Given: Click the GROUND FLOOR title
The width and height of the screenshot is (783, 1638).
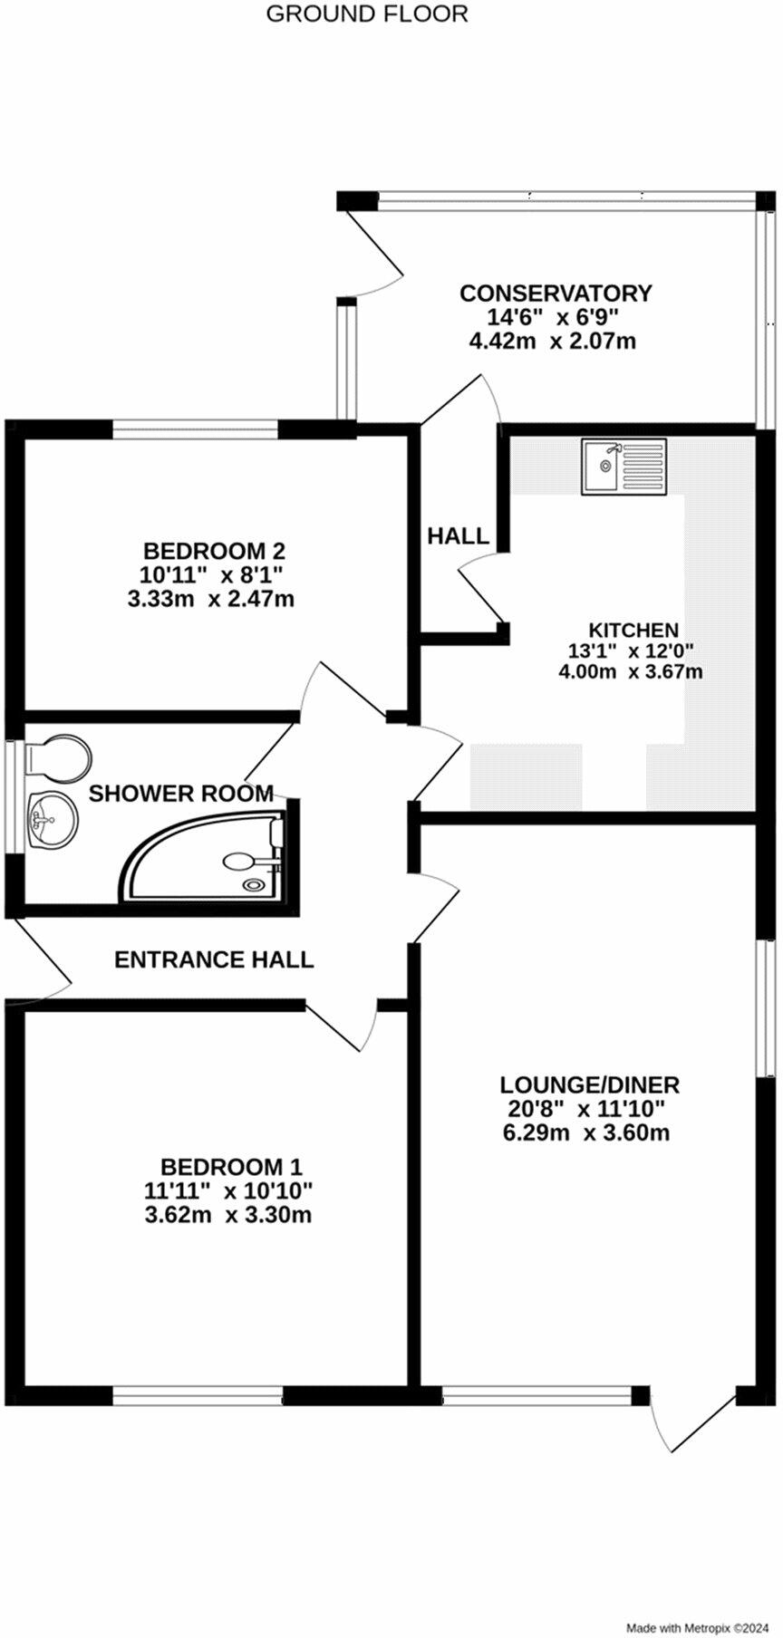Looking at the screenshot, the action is point(367,14).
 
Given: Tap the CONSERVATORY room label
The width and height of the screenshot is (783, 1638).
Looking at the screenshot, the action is point(556,294).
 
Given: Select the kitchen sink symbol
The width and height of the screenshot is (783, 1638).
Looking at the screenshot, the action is point(624,467).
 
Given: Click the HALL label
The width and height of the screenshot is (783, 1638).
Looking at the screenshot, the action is point(459,536).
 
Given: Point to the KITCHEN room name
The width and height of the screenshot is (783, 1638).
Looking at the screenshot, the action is point(633,630).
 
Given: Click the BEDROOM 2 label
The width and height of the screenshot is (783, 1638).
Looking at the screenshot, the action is point(215,551).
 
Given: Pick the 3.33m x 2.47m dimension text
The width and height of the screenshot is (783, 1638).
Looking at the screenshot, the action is point(217,599).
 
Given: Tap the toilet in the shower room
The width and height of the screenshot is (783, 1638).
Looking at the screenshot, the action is point(58,757).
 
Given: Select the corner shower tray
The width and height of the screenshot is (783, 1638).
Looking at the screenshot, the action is point(203,856).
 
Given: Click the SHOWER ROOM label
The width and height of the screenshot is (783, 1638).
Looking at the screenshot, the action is point(181,794).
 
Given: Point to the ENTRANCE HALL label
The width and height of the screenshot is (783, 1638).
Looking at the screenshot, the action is point(214,959).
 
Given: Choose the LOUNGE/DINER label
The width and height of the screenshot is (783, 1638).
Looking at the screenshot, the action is point(590,1084).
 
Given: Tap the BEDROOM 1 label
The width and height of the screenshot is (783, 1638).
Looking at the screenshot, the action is point(231,1166).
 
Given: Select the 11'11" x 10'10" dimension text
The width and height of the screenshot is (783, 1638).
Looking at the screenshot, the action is point(228,1190).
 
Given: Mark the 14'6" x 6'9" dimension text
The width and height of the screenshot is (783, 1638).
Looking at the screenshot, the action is point(554,317).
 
